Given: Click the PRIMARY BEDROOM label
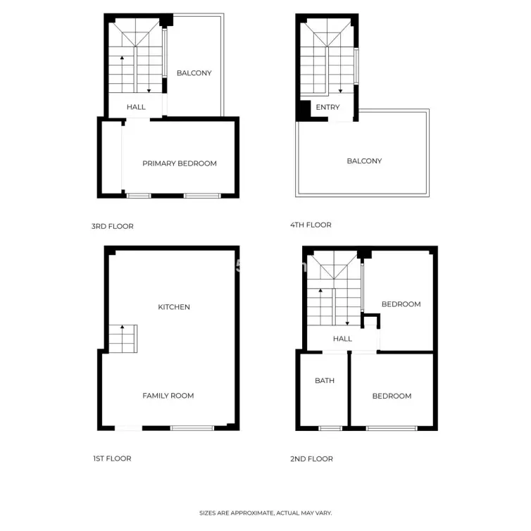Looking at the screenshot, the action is tap(180, 163).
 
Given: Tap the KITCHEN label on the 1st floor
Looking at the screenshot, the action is tap(174, 307).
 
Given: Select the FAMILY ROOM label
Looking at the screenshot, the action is tap(168, 396).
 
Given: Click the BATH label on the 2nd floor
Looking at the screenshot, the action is tap(325, 380).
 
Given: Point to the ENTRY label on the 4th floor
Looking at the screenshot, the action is tap(327, 107).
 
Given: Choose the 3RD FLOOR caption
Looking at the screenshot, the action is tap(113, 226).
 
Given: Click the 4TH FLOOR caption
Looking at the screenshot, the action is tap(311, 225).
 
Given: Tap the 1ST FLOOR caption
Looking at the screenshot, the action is tap(112, 458).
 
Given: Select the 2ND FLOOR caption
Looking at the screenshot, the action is tap(311, 459).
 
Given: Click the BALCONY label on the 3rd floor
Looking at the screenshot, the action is tap(194, 73).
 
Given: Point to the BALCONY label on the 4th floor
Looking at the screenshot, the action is tap(364, 161).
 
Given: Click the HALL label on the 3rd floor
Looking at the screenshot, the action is tap(136, 107).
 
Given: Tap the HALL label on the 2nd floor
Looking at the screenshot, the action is tap(342, 339).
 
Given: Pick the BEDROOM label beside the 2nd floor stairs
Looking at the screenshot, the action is tap(401, 304).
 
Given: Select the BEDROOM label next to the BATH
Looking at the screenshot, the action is tap(392, 396).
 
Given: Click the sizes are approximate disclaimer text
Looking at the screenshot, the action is tap(265, 513).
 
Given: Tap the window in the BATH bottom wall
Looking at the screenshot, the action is tap(330, 428).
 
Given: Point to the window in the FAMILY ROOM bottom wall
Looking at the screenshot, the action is tap(192, 428).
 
